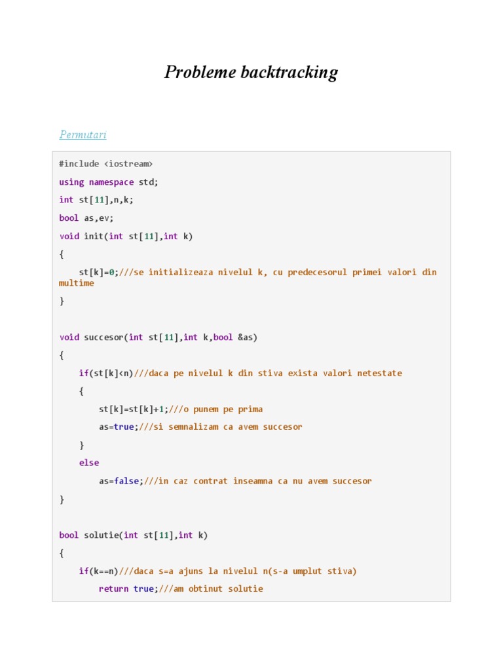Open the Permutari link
coord(83,135)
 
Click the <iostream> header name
coord(128,164)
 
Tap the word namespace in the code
coord(111,182)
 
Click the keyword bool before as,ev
coord(69,218)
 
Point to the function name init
coord(94,236)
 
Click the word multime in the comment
coord(77,284)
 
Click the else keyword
coord(89,463)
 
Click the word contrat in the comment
coord(208,481)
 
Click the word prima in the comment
coord(248,410)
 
